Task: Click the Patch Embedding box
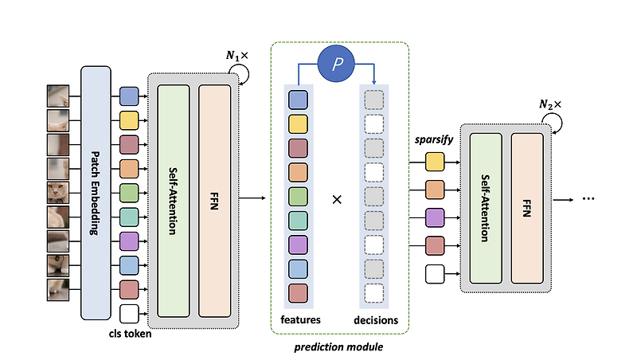coord(96,194)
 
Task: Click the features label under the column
coord(299,319)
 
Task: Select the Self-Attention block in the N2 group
coord(486,207)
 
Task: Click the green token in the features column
coord(299,196)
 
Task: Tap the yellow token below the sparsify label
coord(435,162)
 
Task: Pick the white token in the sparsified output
coord(435,274)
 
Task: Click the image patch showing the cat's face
coord(58,192)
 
